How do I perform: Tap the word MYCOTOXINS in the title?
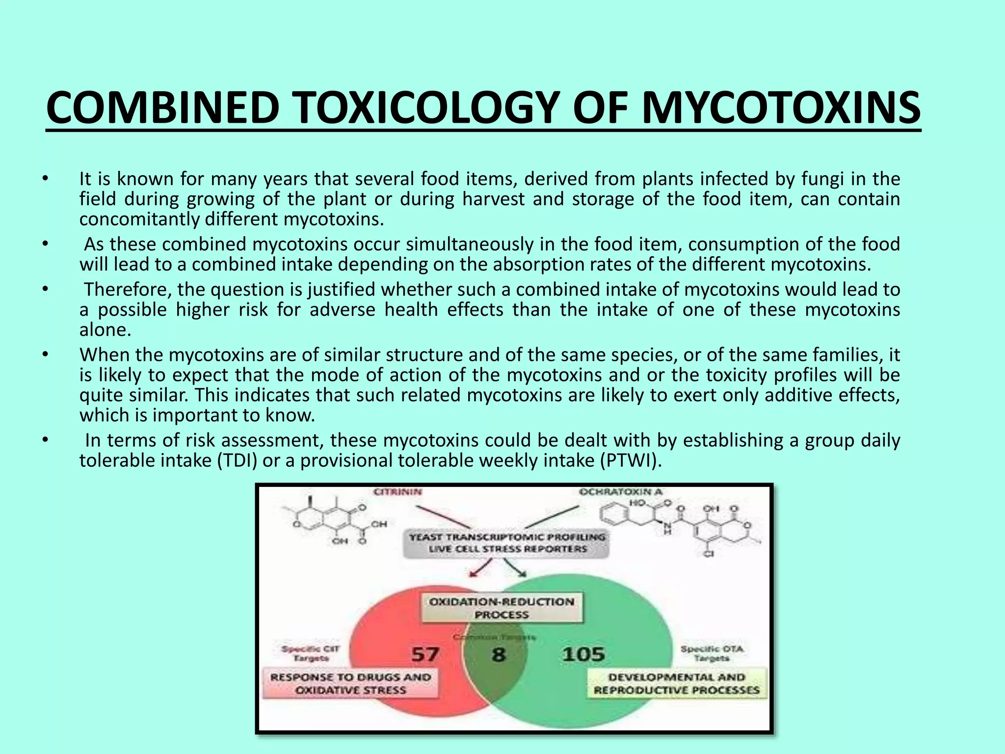(x=781, y=108)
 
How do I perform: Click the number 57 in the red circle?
(x=425, y=654)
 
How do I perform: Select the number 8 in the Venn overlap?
(x=498, y=654)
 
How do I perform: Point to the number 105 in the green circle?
(x=583, y=654)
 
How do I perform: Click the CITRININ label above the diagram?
(x=397, y=492)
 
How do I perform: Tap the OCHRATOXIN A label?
(x=620, y=492)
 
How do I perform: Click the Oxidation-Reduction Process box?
(x=502, y=608)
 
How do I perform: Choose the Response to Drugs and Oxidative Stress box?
(x=350, y=683)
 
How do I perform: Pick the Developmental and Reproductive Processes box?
(x=677, y=683)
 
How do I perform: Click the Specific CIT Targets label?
(x=311, y=653)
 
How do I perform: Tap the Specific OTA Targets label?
(x=712, y=653)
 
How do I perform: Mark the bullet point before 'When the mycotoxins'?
(x=45, y=354)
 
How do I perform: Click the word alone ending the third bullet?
(x=105, y=330)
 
